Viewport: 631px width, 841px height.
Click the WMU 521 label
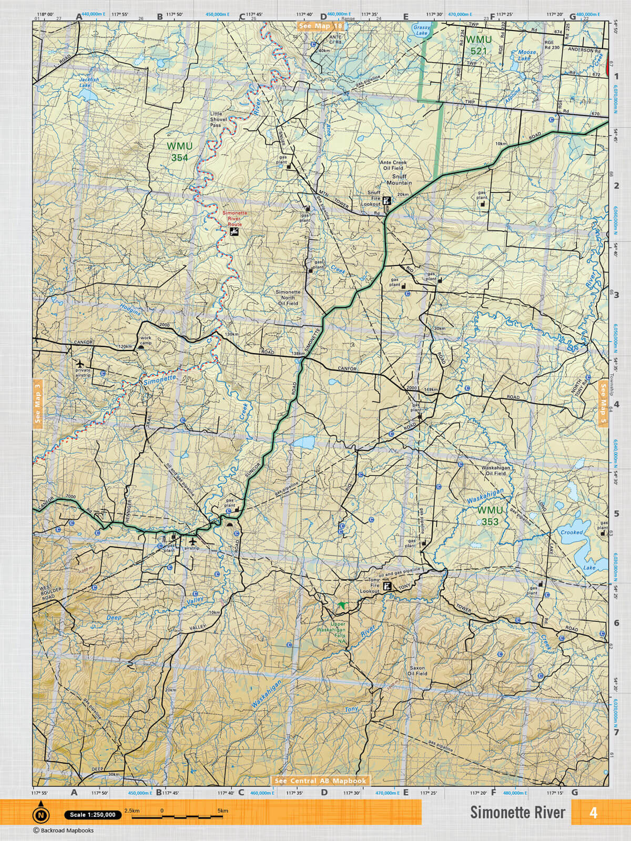coord(479,45)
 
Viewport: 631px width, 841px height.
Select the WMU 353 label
coord(490,516)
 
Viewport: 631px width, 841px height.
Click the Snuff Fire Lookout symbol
coord(387,200)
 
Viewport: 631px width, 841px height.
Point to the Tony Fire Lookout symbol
coord(388,587)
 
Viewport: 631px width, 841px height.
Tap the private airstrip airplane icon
coord(80,363)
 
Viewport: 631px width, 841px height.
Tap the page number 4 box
coord(593,812)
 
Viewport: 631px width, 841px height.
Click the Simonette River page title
coord(517,812)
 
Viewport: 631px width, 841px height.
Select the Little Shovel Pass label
coord(216,119)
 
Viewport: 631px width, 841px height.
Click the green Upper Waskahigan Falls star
coord(343,606)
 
